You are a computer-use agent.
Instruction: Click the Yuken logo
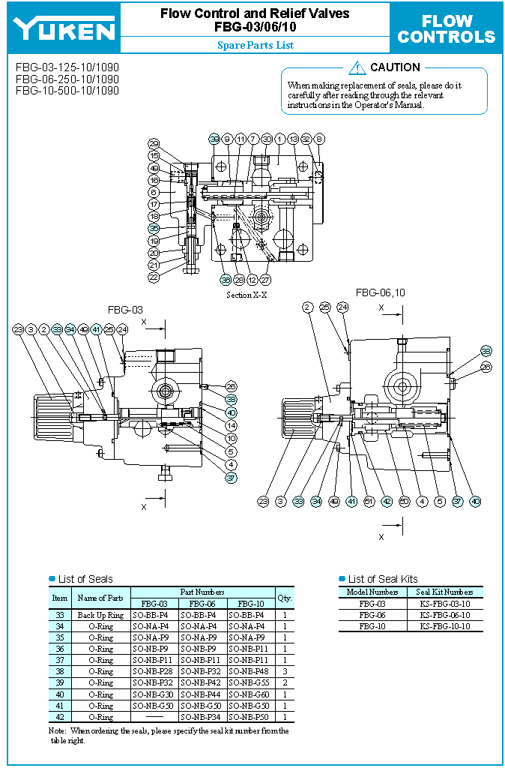[64, 28]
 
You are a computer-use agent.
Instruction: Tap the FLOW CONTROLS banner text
[447, 29]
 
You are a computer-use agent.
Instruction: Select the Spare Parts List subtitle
[255, 45]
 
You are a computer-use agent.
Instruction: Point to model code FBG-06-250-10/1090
[67, 79]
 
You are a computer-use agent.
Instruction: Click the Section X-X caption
[247, 295]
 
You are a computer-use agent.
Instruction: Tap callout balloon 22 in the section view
[154, 277]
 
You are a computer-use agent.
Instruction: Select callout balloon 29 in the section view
[154, 144]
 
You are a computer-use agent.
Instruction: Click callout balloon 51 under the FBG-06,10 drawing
[369, 501]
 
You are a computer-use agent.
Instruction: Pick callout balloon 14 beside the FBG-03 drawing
[231, 425]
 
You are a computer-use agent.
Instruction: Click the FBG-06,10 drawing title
[380, 292]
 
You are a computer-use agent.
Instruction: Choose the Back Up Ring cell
[100, 615]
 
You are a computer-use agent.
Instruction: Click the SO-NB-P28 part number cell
[154, 671]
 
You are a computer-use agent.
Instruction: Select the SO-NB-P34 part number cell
[202, 716]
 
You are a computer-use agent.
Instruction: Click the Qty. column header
[284, 598]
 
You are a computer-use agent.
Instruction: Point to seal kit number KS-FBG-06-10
[444, 615]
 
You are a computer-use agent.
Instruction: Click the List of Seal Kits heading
[383, 579]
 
